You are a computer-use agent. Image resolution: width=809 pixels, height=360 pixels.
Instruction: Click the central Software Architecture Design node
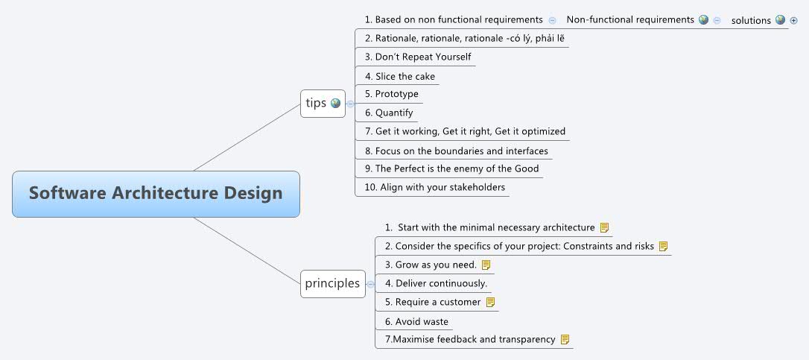click(x=156, y=194)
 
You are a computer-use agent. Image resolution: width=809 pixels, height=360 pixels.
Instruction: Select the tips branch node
click(x=316, y=103)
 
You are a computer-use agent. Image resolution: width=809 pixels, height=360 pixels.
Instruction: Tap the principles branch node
click(x=331, y=283)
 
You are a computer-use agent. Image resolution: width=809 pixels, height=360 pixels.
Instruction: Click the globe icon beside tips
click(x=335, y=104)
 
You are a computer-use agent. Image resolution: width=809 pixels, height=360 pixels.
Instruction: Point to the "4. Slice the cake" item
click(x=404, y=76)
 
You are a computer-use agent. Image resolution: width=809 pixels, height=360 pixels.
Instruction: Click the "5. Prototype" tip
click(x=396, y=94)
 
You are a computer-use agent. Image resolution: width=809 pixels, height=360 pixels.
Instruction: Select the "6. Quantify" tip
click(x=393, y=113)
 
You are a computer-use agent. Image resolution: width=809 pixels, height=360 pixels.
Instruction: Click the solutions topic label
click(x=750, y=20)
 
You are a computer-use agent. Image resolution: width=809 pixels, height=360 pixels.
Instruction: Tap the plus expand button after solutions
click(x=793, y=20)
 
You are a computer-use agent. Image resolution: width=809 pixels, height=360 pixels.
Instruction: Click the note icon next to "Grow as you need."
click(x=486, y=265)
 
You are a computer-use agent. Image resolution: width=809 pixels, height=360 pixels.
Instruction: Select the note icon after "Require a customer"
click(x=490, y=302)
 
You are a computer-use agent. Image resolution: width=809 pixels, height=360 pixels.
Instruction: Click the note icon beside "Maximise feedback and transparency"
click(x=565, y=339)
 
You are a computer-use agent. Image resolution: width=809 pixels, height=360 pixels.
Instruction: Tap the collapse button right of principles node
click(x=370, y=283)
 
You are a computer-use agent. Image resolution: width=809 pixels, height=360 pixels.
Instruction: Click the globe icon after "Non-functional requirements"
click(x=703, y=20)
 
